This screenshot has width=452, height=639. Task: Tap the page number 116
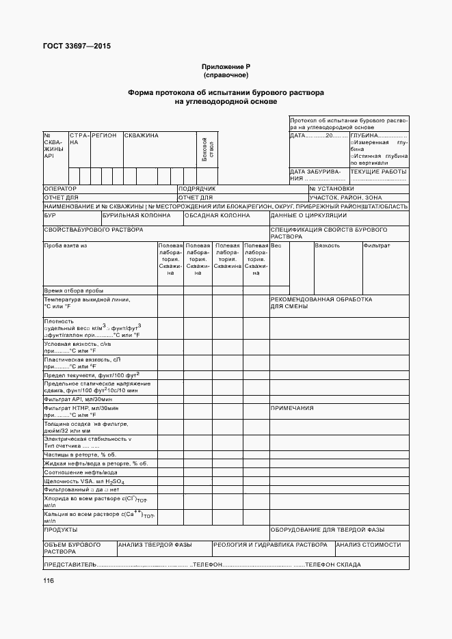[49, 581]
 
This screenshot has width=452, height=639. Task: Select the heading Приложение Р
[226, 66]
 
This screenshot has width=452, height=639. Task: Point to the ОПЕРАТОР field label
[60, 188]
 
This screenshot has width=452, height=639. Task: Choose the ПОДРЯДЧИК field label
[198, 188]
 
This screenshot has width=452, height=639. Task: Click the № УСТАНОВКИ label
[332, 188]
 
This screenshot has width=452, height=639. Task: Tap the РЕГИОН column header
[105, 135]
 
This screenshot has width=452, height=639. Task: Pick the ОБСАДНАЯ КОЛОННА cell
[217, 215]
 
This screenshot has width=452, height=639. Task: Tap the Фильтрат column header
[377, 245]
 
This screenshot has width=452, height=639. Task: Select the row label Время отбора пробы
[73, 290]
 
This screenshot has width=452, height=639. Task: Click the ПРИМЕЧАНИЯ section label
[292, 408]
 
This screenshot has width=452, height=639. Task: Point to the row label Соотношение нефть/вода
[80, 472]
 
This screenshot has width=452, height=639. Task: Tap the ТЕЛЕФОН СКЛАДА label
[333, 565]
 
